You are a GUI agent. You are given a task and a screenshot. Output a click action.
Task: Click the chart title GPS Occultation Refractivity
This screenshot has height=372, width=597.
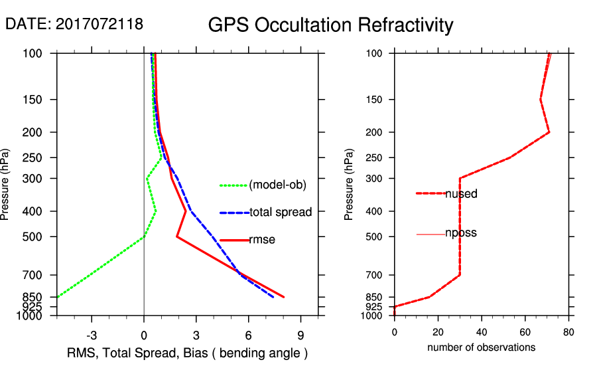330,25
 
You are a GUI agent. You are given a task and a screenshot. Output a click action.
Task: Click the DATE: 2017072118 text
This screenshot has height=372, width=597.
74,24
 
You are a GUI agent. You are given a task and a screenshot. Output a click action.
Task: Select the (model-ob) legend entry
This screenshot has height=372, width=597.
277,185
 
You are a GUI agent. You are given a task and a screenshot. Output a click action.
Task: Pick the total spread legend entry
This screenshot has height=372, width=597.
281,213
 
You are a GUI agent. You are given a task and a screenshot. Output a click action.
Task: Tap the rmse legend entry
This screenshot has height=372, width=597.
262,240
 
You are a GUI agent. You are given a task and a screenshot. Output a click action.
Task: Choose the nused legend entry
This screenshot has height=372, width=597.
461,194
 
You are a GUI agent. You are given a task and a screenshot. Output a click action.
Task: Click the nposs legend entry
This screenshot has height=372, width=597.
461,233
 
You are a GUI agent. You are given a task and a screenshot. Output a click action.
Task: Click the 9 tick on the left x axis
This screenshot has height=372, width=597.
300,335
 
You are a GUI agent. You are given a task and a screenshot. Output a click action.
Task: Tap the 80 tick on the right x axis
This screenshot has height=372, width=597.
568,331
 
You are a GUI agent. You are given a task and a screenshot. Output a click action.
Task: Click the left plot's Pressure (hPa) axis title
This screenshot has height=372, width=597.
7,185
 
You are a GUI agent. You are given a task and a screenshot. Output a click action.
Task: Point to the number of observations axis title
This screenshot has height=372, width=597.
481,347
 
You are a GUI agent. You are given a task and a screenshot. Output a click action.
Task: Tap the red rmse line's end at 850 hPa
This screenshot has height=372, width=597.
284,297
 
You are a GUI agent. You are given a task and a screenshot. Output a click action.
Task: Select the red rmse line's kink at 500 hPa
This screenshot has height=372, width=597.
177,236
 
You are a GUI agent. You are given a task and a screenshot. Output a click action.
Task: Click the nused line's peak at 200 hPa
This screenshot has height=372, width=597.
549,133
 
